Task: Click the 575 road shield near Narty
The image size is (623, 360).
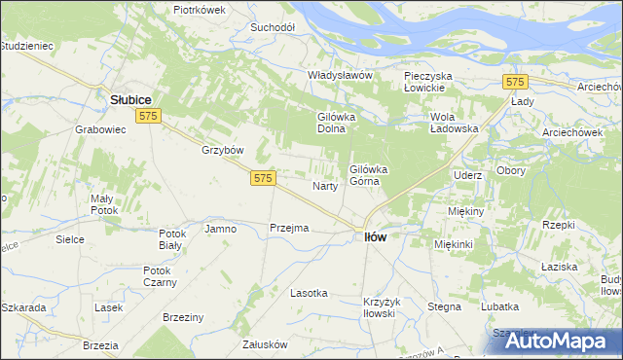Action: click(264, 178)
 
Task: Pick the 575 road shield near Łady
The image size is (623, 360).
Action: click(515, 83)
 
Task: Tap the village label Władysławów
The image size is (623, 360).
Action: click(341, 76)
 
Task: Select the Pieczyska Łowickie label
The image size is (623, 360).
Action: click(438, 81)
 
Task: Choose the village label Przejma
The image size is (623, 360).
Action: click(289, 228)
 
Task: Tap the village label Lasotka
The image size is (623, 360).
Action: click(310, 292)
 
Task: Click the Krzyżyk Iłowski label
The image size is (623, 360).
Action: click(379, 306)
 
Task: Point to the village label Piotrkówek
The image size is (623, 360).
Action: click(199, 9)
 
